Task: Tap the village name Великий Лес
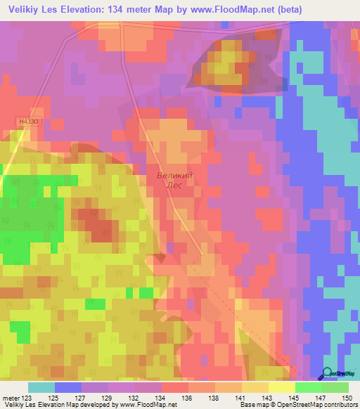(174, 180)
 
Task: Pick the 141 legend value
(238, 397)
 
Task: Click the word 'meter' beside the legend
(9, 397)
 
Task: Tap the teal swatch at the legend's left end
(41, 387)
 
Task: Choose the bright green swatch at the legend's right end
(335, 387)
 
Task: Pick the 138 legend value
(214, 397)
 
